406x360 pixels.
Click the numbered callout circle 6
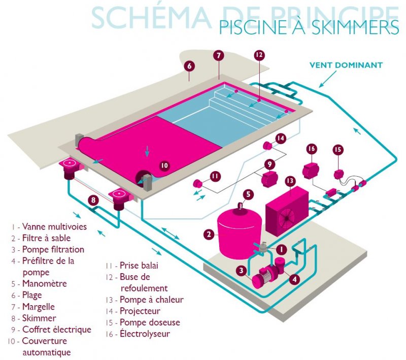(x=189, y=66)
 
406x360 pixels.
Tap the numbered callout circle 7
(x=219, y=56)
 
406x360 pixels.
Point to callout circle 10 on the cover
(x=163, y=166)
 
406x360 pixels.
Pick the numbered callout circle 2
(x=209, y=234)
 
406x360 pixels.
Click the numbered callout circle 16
(x=311, y=148)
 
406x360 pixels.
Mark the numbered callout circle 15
(x=338, y=149)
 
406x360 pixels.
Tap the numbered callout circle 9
(x=270, y=164)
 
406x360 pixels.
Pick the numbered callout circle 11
(x=215, y=176)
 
